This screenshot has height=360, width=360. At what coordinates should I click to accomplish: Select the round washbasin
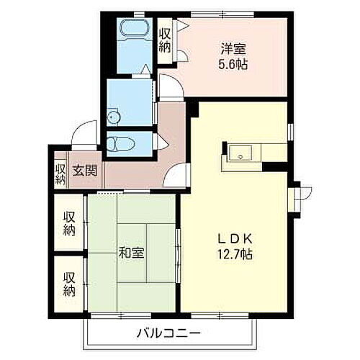113,117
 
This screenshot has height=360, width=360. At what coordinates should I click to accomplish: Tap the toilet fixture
119,143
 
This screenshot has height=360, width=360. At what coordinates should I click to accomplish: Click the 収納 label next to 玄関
60,174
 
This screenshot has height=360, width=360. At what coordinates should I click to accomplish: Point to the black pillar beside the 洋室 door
192,109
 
